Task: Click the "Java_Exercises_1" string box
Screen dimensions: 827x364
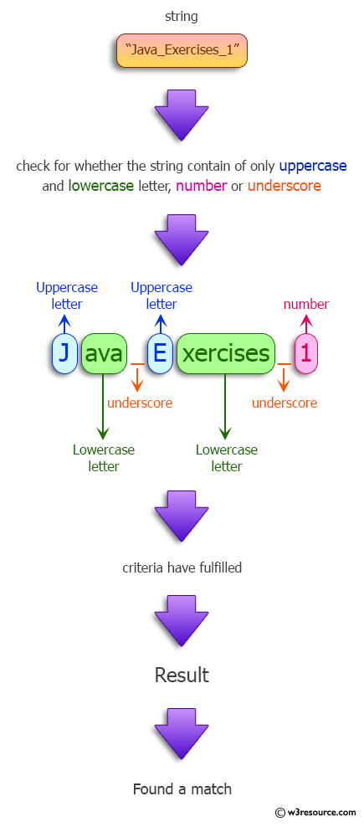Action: (x=181, y=52)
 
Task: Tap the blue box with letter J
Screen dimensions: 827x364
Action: (x=64, y=354)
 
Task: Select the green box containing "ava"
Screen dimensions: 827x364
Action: (x=104, y=354)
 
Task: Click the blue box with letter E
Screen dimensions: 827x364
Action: (x=160, y=354)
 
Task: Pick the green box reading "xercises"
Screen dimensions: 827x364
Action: (x=226, y=354)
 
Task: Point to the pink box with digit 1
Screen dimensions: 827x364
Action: (x=305, y=354)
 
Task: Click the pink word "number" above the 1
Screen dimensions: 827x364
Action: (x=306, y=304)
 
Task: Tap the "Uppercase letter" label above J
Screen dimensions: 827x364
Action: (x=67, y=295)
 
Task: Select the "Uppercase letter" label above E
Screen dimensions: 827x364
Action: (x=161, y=295)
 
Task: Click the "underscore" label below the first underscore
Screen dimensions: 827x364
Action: (x=140, y=403)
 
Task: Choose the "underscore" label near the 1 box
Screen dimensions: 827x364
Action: (x=285, y=403)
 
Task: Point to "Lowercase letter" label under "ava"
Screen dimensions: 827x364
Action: (x=104, y=458)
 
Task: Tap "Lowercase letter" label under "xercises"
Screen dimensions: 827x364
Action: (x=227, y=458)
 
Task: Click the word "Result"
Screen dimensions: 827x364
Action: (x=182, y=675)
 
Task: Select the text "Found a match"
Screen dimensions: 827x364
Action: (x=182, y=788)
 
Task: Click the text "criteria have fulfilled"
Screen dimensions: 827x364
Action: (x=182, y=568)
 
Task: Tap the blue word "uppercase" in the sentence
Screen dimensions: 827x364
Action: (x=313, y=166)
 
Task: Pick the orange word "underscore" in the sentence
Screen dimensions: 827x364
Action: (x=285, y=186)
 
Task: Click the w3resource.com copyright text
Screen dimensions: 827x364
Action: (x=315, y=812)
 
